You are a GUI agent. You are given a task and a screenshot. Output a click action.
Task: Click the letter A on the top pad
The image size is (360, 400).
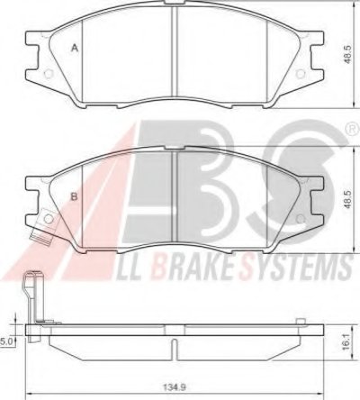(74, 48)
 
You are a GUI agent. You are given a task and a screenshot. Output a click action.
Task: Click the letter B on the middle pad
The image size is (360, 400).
(74, 197)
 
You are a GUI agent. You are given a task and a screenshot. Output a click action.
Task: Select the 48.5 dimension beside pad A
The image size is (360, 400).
(347, 54)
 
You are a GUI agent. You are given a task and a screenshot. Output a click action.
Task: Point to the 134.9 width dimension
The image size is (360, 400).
(174, 387)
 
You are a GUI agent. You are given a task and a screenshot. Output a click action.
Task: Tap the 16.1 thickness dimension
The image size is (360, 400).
(347, 342)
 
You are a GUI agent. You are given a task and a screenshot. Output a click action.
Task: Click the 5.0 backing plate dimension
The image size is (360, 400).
(6, 342)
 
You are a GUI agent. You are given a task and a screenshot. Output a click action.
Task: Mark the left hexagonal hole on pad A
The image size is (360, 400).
(48, 74)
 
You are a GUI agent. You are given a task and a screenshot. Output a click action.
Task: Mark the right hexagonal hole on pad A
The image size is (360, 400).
(300, 74)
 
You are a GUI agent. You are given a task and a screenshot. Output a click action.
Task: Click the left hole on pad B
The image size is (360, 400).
(48, 219)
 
